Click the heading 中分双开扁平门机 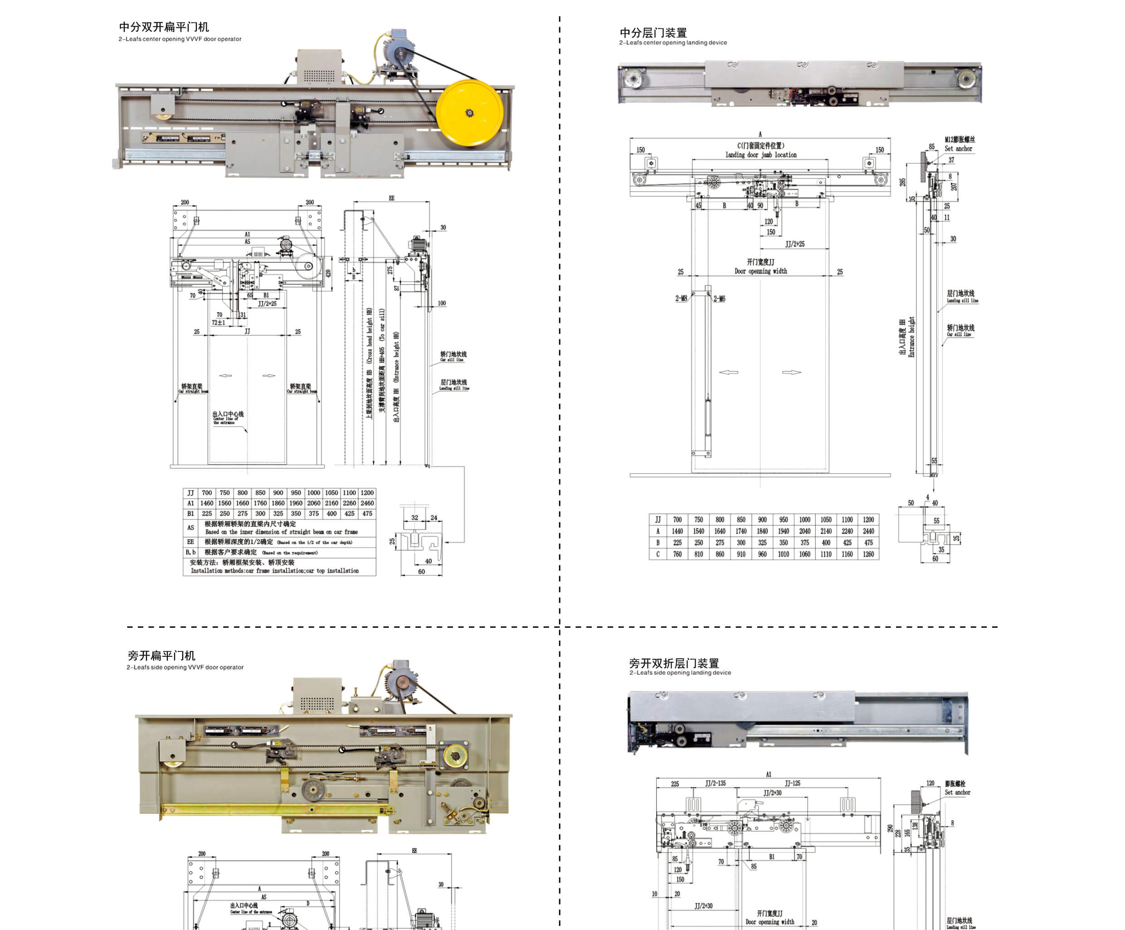164,27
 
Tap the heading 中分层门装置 653,33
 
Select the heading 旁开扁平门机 161,655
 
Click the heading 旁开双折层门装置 674,663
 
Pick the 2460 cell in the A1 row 367,503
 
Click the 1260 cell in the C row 868,554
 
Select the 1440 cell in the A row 677,531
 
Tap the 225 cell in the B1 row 207,513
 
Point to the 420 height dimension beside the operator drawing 328,273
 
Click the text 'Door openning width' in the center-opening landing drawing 760,271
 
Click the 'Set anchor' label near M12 958,148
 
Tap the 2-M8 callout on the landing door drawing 681,299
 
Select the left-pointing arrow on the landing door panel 728,372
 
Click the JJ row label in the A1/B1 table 190,493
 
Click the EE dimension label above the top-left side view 391,198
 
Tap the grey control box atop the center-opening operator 319,66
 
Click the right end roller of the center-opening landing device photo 965,79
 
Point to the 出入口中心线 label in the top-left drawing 228,414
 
